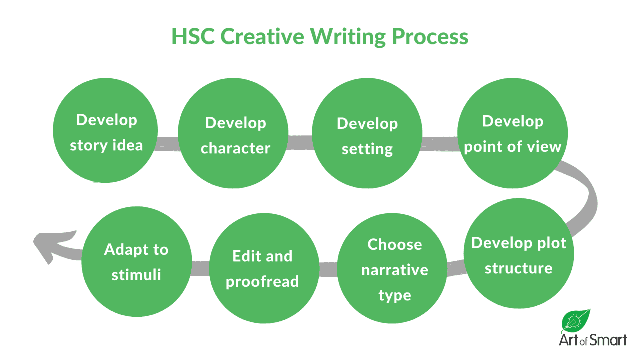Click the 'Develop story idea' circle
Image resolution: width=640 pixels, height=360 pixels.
pos(105,132)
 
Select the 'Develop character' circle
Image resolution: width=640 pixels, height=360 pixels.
pos(233,135)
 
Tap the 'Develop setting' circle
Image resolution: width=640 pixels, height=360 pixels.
pos(367,136)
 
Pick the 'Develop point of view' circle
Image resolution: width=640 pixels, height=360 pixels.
pos(513,133)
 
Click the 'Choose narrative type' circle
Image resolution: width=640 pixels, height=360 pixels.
pos(394,270)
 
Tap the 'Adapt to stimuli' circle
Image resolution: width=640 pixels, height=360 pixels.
pos(136,262)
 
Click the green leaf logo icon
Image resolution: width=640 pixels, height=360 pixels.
pos(576,320)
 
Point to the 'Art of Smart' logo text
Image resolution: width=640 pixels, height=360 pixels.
pos(592,341)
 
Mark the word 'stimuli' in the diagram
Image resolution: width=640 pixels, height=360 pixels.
pos(136,275)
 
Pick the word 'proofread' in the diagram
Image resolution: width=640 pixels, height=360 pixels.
pos(262,282)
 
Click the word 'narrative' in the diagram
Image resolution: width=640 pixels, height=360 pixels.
pos(394,270)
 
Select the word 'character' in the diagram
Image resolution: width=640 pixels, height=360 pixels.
pos(235,148)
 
